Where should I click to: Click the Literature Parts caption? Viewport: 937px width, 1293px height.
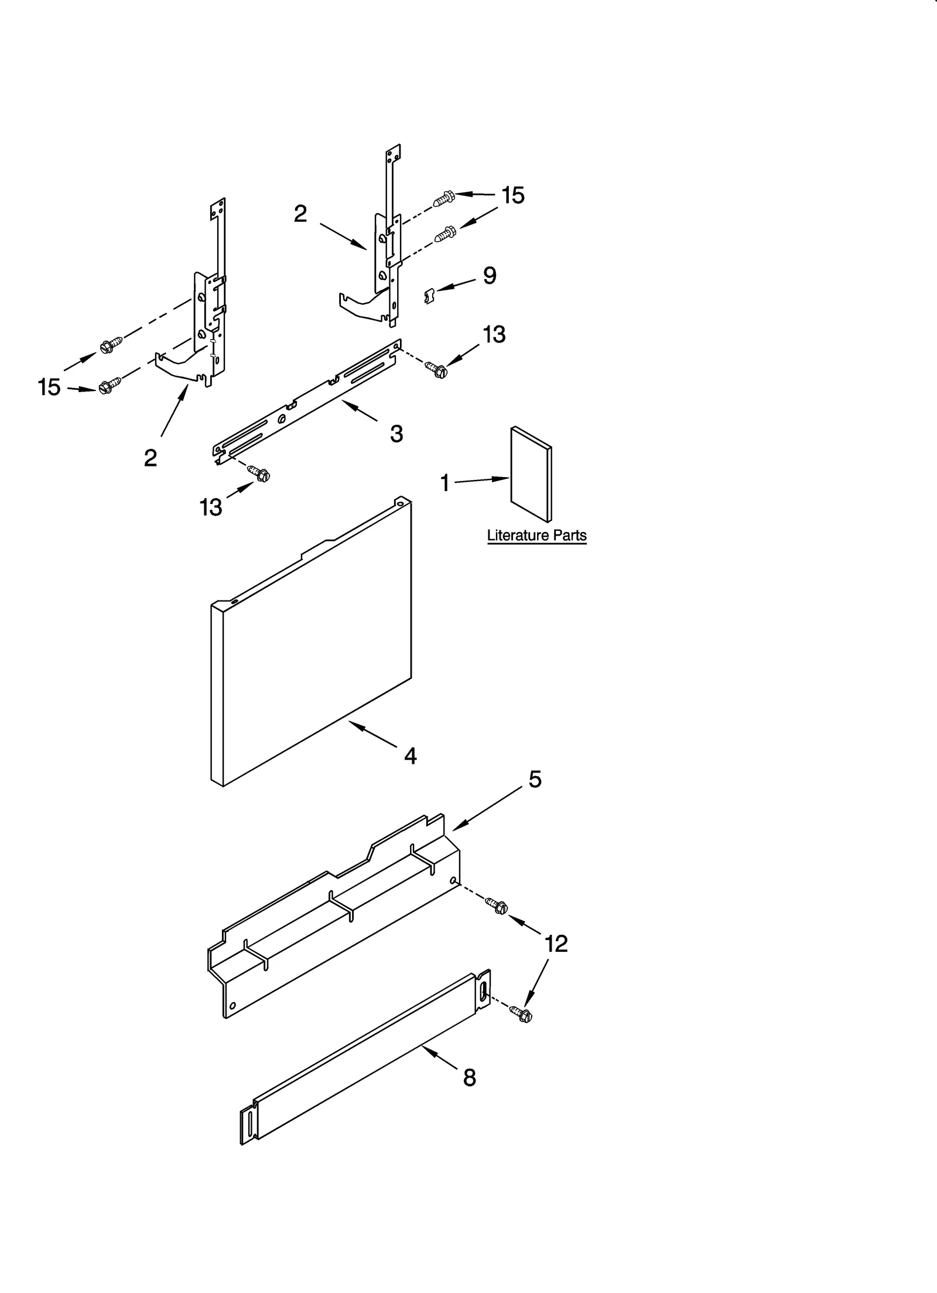[536, 535]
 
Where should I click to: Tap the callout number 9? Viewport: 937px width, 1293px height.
[490, 276]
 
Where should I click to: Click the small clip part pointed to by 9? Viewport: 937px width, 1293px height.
[429, 296]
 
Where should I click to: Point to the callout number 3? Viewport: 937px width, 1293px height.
[396, 434]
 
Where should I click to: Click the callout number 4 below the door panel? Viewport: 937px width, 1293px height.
[411, 756]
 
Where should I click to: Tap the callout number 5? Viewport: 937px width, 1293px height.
[535, 779]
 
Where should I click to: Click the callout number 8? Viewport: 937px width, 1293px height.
[470, 1078]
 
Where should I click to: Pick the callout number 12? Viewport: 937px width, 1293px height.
[556, 944]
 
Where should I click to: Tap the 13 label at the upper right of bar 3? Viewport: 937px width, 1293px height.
[494, 334]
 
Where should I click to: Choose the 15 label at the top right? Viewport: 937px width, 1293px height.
[512, 196]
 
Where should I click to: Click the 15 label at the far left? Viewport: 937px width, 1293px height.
[49, 387]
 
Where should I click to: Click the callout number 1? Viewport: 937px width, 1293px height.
[444, 483]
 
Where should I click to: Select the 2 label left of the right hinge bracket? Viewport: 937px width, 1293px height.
[300, 214]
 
